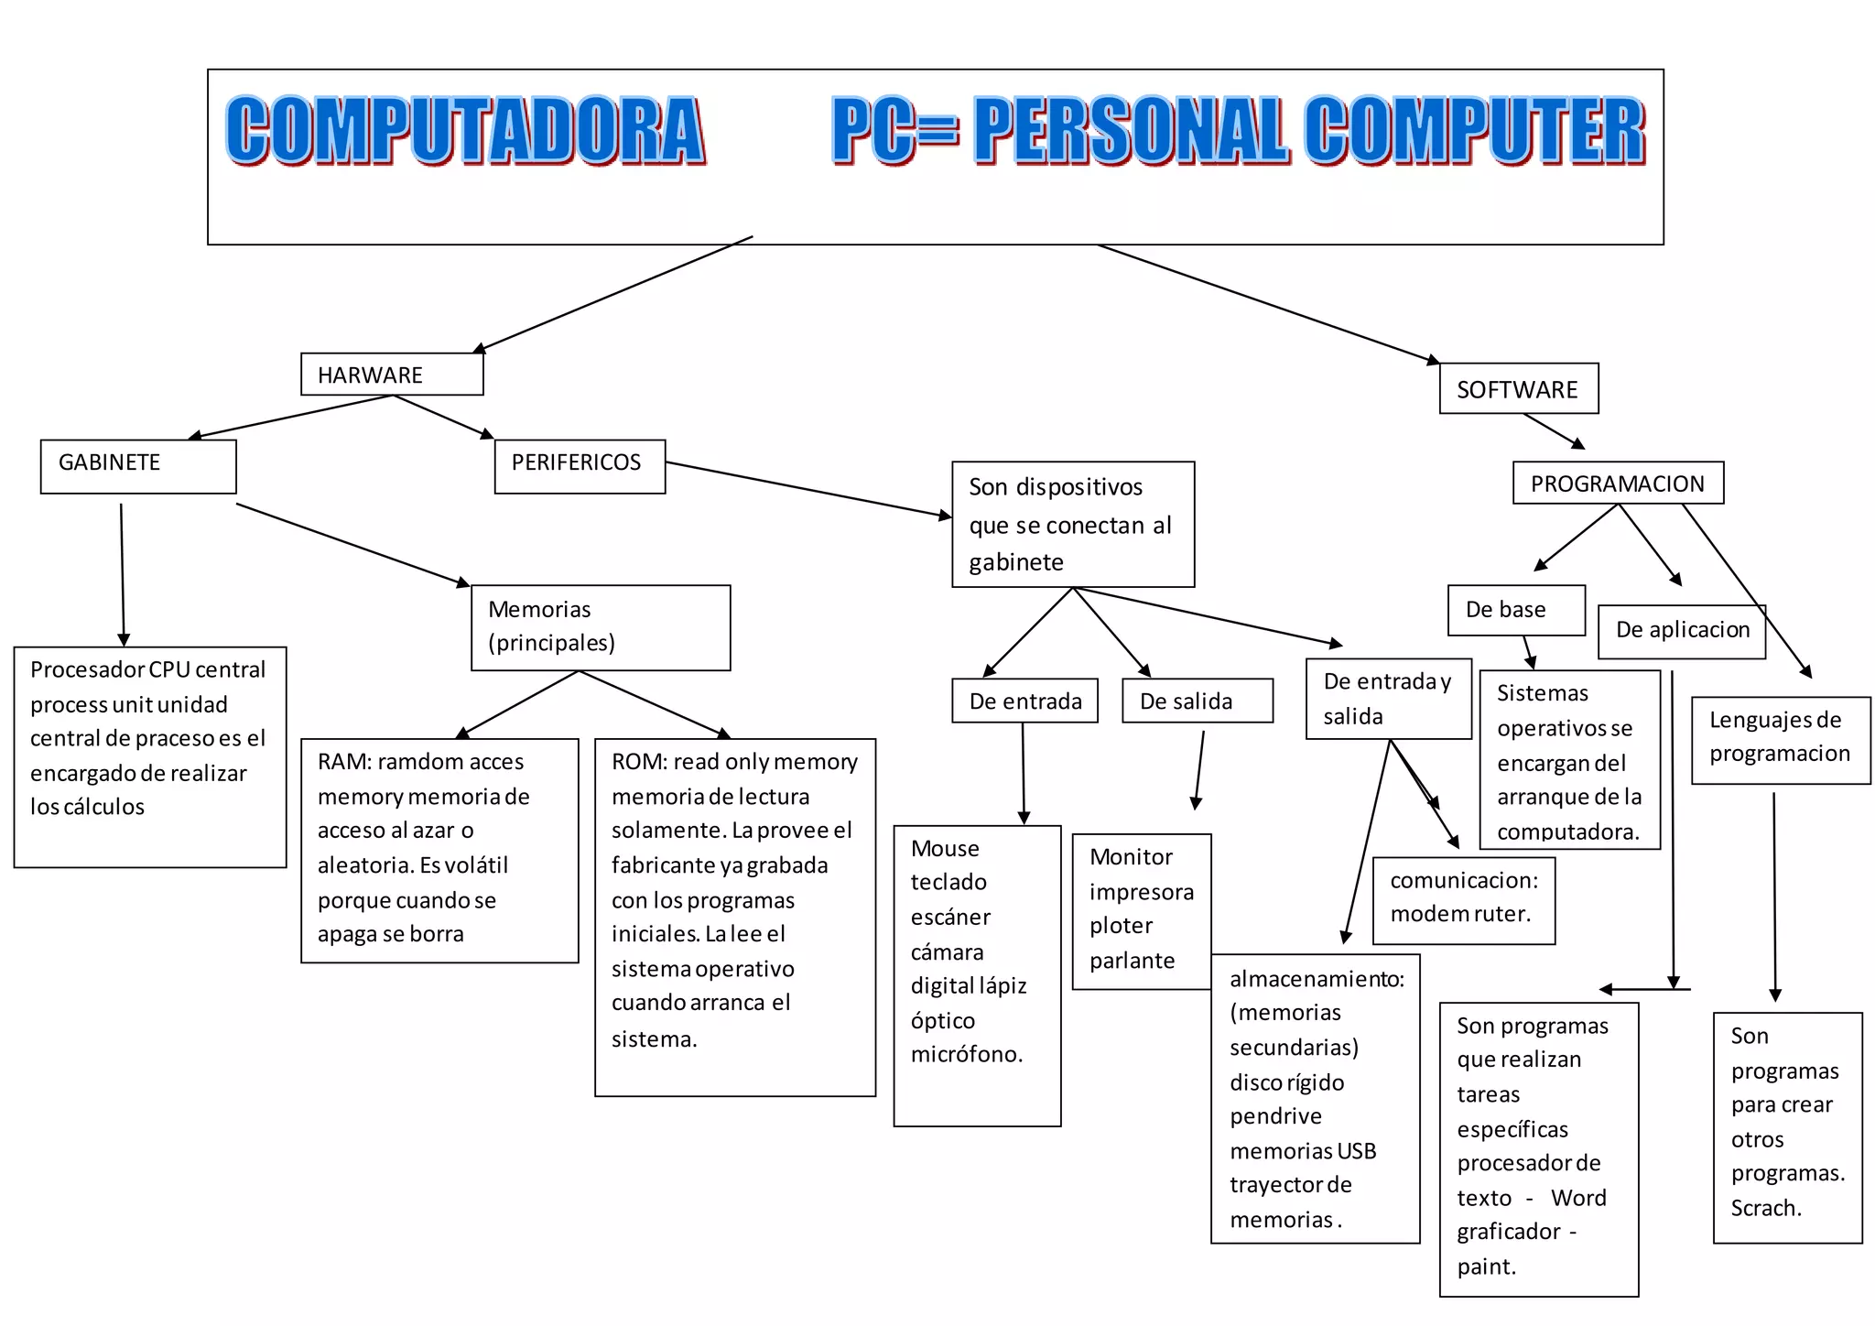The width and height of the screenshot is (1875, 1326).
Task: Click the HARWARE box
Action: click(x=392, y=375)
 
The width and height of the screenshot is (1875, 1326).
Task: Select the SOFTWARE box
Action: click(x=1518, y=389)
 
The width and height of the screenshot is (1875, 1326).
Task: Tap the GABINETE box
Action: click(x=138, y=466)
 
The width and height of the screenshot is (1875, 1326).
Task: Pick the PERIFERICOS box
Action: click(x=580, y=466)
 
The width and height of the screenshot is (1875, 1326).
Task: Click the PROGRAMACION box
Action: click(x=1618, y=483)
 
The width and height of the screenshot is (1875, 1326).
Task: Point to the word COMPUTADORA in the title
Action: click(x=465, y=130)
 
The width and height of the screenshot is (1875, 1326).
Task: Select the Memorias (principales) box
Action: click(x=601, y=627)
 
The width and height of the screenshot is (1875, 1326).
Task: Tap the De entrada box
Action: click(x=1024, y=701)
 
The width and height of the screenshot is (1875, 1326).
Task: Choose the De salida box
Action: click(x=1197, y=701)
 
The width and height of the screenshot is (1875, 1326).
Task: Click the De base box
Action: click(x=1516, y=610)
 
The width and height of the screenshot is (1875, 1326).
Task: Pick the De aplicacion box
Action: click(x=1682, y=630)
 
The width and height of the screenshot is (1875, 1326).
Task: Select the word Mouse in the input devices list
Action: click(x=945, y=849)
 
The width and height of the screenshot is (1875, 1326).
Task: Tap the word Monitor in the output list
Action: click(x=1131, y=857)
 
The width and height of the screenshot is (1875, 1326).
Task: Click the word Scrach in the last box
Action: click(x=1765, y=1209)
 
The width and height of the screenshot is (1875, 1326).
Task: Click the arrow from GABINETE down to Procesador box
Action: click(x=123, y=573)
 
